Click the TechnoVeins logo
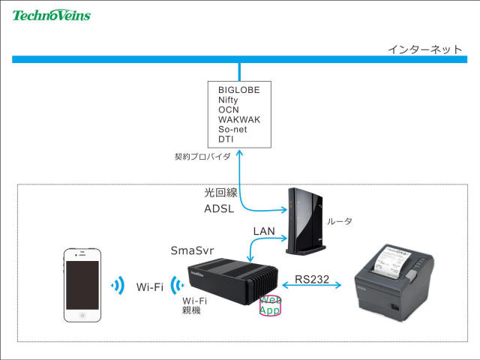pyautogui.click(x=51, y=14)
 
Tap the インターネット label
pyautogui.click(x=424, y=49)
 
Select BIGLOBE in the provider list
pyautogui.click(x=238, y=90)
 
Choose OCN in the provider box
pyautogui.click(x=228, y=109)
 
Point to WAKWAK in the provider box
pyautogui.click(x=239, y=119)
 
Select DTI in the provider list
pyautogui.click(x=226, y=139)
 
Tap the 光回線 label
pyautogui.click(x=220, y=193)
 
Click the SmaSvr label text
pyautogui.click(x=193, y=250)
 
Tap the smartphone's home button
pyautogui.click(x=82, y=314)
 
